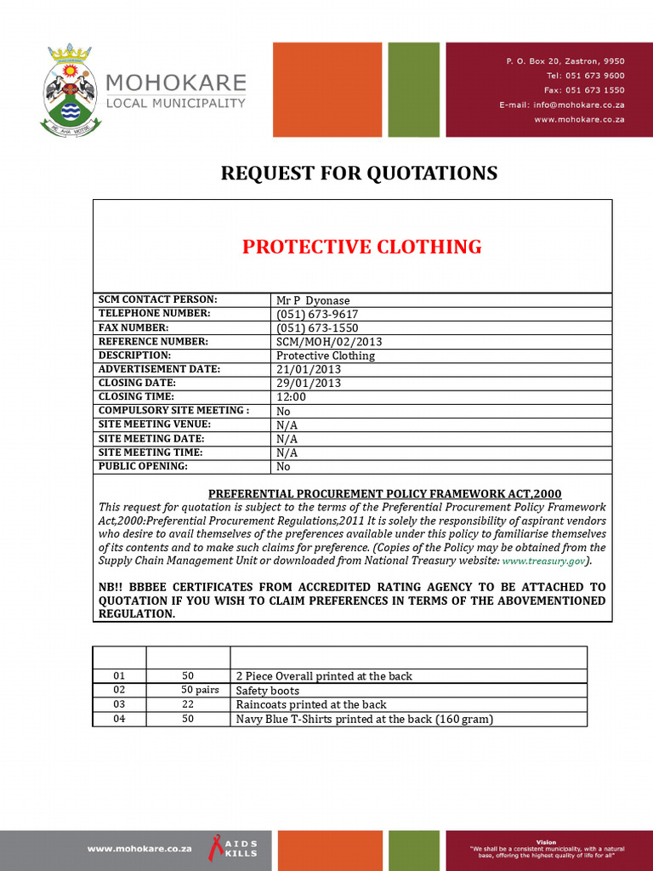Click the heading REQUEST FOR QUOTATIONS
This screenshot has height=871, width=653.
[x=359, y=174]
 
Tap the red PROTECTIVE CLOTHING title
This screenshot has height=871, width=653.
[x=361, y=247]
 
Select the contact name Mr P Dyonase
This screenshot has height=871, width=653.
[x=313, y=300]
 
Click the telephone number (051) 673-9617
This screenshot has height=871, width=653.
[x=317, y=314]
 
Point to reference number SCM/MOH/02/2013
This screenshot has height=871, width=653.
[x=330, y=342]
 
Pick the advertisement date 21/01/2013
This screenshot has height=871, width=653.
[x=308, y=369]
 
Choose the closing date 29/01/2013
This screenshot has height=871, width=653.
[x=308, y=383]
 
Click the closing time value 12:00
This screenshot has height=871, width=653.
[x=291, y=396]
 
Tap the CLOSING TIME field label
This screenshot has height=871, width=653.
[x=136, y=396]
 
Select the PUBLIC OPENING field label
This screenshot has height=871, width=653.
[x=143, y=466]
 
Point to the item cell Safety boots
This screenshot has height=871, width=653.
[x=267, y=691]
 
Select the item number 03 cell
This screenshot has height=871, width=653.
[x=119, y=704]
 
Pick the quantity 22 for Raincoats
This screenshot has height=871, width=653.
[x=188, y=704]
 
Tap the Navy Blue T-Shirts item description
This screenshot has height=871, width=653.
[x=364, y=719]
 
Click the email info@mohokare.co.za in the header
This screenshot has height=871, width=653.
[x=561, y=105]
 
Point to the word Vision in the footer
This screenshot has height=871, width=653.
[x=546, y=842]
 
